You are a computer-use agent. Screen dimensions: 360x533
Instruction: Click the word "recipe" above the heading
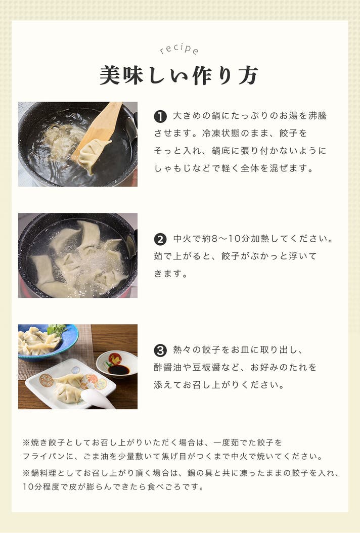point(179,49)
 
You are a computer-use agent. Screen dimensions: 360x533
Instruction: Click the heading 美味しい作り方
point(179,75)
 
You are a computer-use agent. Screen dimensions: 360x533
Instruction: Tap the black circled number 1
point(160,117)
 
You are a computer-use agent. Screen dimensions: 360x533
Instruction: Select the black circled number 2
point(160,239)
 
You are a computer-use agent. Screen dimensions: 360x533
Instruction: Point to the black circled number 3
point(160,350)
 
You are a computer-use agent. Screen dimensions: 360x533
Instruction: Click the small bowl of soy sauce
point(117,365)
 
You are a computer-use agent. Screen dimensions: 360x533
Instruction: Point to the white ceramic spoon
point(98,398)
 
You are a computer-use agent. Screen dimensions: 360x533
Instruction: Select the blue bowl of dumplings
point(48,342)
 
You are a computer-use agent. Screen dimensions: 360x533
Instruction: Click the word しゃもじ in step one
point(173,168)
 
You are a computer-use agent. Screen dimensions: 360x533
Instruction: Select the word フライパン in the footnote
point(44,456)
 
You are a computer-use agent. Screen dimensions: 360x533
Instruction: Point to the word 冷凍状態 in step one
point(221,134)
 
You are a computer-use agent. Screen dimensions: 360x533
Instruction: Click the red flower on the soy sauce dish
point(115,359)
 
